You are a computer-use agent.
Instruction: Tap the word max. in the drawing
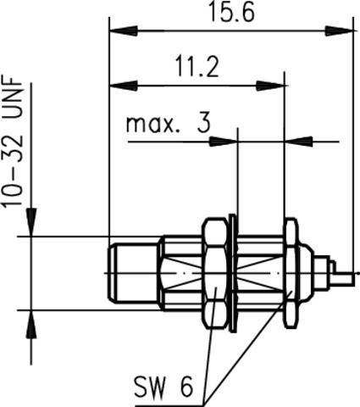coord(155,125)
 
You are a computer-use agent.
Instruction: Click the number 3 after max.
coord(203,125)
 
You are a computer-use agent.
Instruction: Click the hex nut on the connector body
coord(216,274)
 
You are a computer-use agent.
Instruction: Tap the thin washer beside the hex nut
coord(232,274)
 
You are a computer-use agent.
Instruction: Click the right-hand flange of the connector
coord(291,274)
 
